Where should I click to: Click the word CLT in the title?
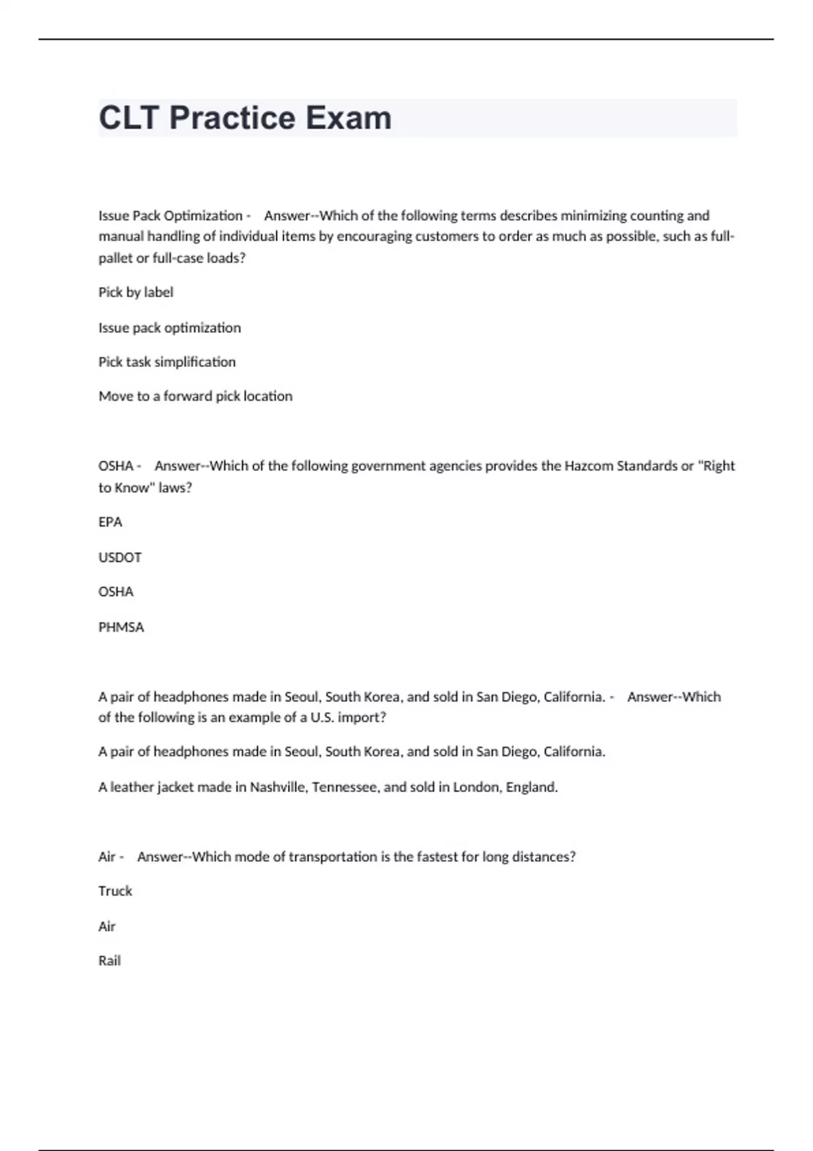(129, 118)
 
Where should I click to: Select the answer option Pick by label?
(135, 292)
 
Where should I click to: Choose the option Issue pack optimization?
(169, 328)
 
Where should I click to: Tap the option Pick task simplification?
(167, 362)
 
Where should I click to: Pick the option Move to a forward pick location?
(195, 396)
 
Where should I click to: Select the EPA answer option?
(110, 522)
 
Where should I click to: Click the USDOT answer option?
(120, 557)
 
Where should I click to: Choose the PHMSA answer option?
(121, 627)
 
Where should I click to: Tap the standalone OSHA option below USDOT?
(116, 592)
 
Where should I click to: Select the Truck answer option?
(115, 891)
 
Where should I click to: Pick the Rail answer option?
(109, 961)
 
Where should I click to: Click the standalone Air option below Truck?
(107, 926)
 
